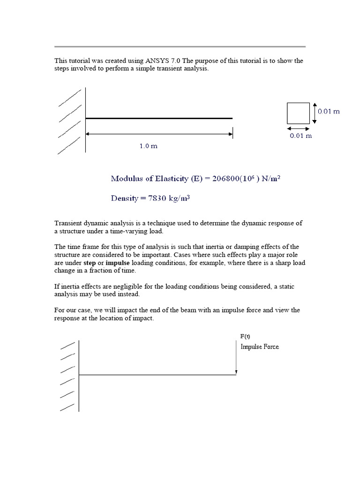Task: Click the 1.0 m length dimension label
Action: click(x=148, y=146)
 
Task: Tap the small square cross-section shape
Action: click(x=298, y=113)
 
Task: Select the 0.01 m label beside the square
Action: click(x=329, y=112)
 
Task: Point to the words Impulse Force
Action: click(x=260, y=347)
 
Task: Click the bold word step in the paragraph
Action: click(x=90, y=263)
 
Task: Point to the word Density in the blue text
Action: click(x=125, y=198)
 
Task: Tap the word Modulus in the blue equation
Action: click(x=127, y=178)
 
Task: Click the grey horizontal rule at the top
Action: click(x=180, y=46)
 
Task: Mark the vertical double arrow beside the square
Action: click(x=315, y=113)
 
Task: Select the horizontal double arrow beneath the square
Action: click(x=298, y=127)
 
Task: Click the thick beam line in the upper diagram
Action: click(x=158, y=118)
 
